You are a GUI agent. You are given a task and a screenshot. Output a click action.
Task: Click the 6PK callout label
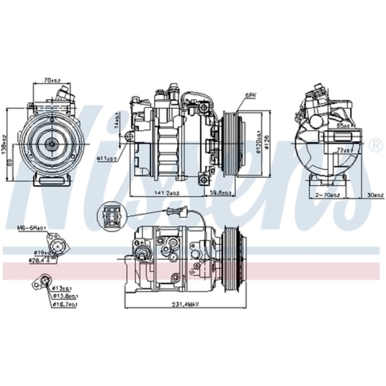[250, 94]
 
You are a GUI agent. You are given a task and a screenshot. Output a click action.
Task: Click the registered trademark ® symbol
[374, 145]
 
